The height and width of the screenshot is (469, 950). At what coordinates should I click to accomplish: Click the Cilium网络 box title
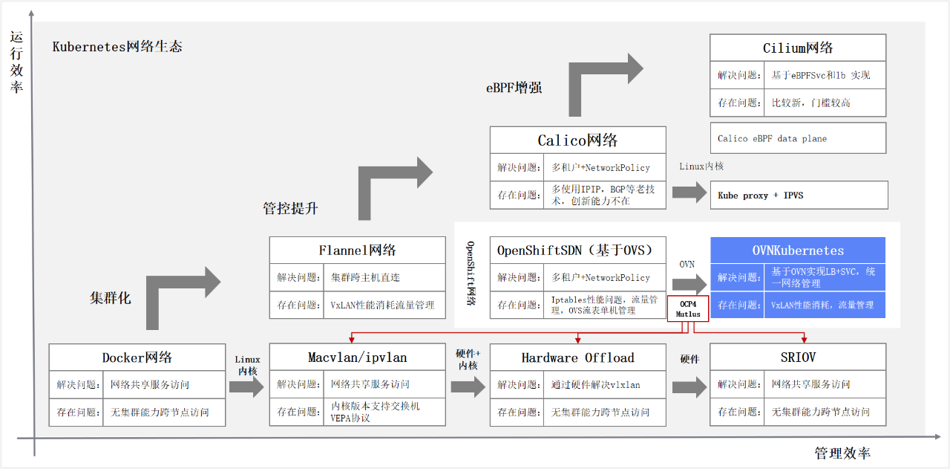798,48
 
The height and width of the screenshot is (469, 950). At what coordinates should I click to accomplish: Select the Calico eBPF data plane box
798,138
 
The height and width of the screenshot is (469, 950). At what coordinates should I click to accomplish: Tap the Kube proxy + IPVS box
799,195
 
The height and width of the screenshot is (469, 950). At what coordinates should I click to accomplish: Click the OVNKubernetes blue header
798,250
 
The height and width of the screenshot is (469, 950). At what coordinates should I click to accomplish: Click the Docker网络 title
137,358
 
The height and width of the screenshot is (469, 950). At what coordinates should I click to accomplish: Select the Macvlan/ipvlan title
358,358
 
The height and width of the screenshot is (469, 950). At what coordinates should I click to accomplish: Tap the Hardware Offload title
578,358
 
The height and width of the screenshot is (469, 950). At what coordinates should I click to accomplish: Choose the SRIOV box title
798,358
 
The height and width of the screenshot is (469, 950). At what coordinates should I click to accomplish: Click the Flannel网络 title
358,250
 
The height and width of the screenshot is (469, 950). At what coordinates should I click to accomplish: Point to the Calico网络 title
578,140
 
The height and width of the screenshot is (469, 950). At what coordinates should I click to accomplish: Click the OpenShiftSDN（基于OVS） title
578,250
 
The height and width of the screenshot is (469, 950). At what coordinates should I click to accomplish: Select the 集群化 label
110,297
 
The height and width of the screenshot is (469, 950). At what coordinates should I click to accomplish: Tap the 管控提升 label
290,208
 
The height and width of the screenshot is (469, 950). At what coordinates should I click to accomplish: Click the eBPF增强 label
514,87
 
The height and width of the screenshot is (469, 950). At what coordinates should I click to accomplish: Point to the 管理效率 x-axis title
842,453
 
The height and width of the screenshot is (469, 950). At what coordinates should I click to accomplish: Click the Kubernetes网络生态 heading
117,46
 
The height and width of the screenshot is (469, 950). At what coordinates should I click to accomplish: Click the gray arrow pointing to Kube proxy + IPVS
689,193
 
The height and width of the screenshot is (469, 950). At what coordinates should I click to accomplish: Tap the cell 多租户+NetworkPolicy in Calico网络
600,168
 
